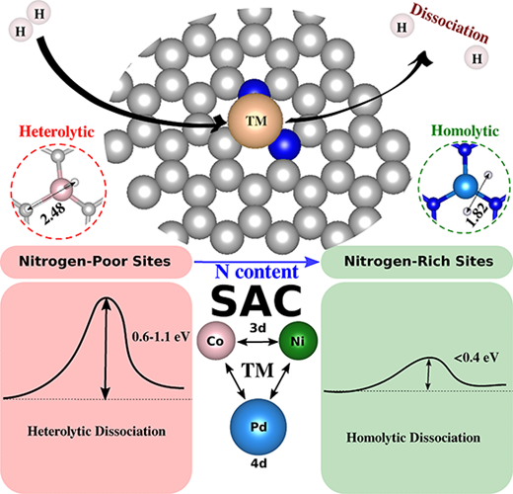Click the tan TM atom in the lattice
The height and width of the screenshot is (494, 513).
256,121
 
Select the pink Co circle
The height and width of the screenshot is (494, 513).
216,341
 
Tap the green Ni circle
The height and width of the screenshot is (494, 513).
298,341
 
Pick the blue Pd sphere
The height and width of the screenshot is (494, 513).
258,427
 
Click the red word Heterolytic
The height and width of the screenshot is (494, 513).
56,131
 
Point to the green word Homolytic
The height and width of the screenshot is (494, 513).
465,131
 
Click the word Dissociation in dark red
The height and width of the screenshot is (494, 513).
450,23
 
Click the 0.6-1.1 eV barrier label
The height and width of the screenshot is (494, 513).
161,337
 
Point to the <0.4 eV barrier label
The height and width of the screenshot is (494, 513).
476,357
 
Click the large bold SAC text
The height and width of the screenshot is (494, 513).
256,300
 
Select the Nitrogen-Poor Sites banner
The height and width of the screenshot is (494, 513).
96,262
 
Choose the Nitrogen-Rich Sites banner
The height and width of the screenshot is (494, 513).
416,262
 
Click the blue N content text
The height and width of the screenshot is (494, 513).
256,272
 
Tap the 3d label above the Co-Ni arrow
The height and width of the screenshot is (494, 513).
257,328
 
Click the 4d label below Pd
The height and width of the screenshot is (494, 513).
258,463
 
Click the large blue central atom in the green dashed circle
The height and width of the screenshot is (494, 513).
465,187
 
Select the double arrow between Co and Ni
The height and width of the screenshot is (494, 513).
257,342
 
